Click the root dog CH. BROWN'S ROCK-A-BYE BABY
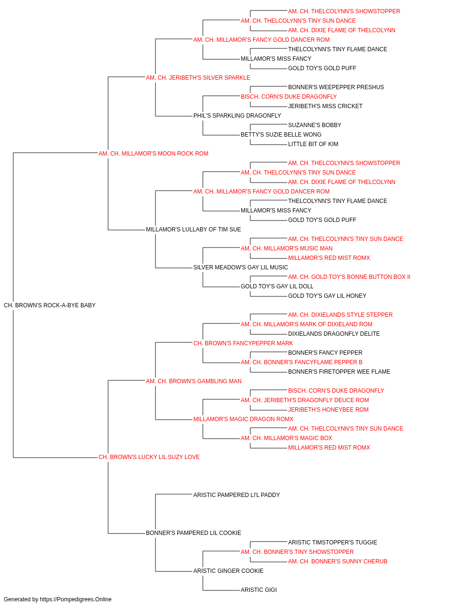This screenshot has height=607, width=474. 50,305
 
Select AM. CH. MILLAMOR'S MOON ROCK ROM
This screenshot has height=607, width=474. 153,154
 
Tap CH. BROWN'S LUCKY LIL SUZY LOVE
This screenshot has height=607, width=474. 149,457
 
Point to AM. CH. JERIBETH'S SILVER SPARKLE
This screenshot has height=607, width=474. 198,78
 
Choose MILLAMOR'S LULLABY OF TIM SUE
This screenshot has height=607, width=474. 193,230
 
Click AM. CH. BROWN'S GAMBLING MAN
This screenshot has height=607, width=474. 193,381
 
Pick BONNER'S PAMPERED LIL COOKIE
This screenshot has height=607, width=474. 193,533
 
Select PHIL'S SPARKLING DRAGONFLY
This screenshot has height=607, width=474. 237,116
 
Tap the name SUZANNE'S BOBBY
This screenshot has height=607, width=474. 315,125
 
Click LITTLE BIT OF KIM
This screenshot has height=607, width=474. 313,144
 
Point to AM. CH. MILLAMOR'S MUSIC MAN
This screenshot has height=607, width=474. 286,248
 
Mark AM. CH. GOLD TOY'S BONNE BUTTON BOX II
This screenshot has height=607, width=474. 349,277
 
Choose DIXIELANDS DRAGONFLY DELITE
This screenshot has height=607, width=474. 334,334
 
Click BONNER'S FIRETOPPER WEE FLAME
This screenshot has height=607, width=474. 339,371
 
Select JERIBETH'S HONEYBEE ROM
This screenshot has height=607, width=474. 328,410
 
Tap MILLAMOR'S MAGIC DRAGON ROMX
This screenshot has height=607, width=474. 243,419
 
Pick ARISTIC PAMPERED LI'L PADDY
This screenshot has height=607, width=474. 237,495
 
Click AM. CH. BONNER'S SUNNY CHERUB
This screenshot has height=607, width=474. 337,561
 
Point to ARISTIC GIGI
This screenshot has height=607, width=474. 258,589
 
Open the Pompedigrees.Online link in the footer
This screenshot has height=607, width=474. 75,599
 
